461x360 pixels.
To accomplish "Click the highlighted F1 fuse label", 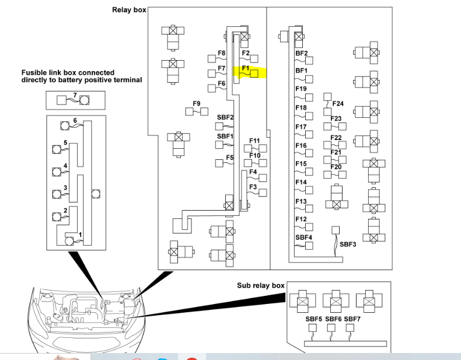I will pyautogui.click(x=246, y=68).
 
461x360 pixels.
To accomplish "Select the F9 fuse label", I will pyautogui.click(x=197, y=104).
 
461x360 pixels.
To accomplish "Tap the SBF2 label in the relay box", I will pyautogui.click(x=225, y=117).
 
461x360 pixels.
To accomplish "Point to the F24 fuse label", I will pyautogui.click(x=338, y=104).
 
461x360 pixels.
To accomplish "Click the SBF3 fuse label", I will pyautogui.click(x=348, y=244).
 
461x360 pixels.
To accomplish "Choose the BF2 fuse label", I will pyautogui.click(x=302, y=53).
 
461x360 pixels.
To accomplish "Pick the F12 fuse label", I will pyautogui.click(x=301, y=219).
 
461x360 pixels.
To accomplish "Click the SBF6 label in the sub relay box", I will pyautogui.click(x=333, y=319).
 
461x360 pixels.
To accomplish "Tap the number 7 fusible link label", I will pyautogui.click(x=75, y=95).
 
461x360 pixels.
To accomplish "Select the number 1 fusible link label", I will pyautogui.click(x=80, y=235).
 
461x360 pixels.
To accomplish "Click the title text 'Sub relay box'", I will pyautogui.click(x=261, y=285).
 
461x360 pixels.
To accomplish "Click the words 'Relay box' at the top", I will pyautogui.click(x=129, y=10).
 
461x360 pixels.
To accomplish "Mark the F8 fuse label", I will pyautogui.click(x=222, y=53).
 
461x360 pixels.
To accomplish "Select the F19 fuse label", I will pyautogui.click(x=301, y=89).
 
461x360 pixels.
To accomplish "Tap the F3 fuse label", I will pyautogui.click(x=253, y=187).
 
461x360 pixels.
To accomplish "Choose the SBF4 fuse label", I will pyautogui.click(x=304, y=237).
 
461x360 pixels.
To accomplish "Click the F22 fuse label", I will pyautogui.click(x=336, y=138).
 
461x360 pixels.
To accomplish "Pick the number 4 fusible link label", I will pyautogui.click(x=66, y=166).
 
